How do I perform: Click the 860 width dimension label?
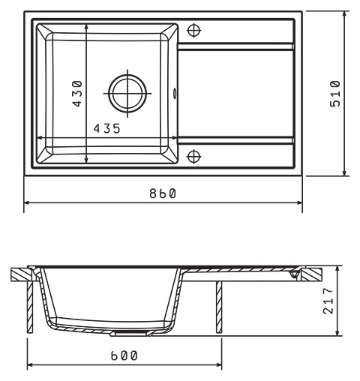click(163, 193)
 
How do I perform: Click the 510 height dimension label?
click(335, 93)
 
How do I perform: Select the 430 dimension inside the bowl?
click(77, 93)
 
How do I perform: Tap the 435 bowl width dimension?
click(106, 128)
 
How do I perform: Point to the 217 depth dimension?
click(328, 301)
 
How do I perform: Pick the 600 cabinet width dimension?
click(124, 355)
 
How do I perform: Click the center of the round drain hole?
click(127, 93)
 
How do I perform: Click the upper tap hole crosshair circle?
click(194, 31)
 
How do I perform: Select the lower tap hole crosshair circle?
click(194, 157)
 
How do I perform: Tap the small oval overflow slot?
click(175, 93)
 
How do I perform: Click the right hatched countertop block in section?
click(311, 274)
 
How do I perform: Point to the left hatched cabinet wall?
click(30, 307)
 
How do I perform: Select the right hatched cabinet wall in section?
click(219, 307)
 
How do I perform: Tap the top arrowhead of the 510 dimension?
click(345, 14)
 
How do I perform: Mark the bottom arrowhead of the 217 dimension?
click(338, 332)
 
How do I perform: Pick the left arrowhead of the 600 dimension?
click(31, 365)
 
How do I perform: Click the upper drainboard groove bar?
click(235, 46)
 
